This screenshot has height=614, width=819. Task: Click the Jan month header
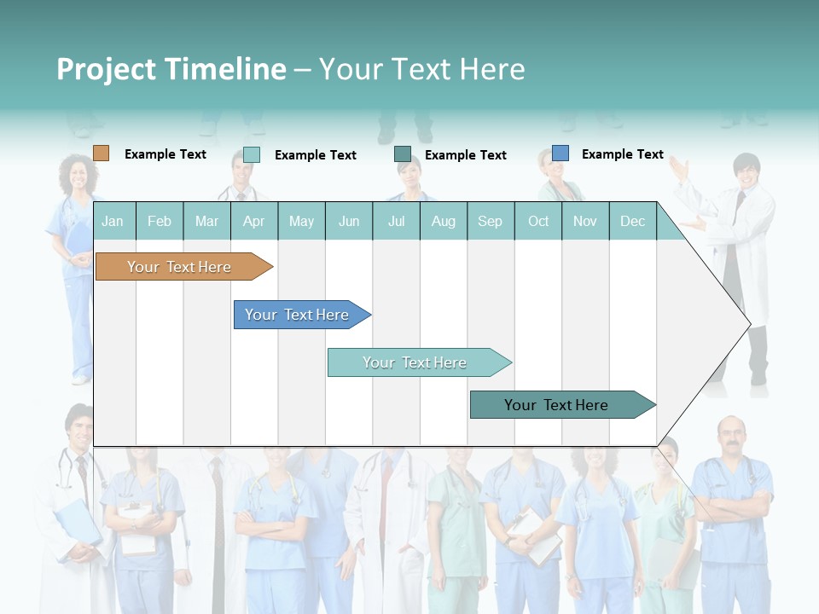(x=113, y=221)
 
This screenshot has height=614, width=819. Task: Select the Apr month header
(x=253, y=221)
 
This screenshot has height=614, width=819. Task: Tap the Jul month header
(x=396, y=221)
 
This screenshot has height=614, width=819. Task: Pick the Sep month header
(x=490, y=221)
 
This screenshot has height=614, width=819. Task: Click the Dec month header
(x=632, y=221)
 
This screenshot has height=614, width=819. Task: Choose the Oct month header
(x=538, y=221)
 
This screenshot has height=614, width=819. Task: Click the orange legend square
(x=101, y=153)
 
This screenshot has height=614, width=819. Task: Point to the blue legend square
(x=560, y=153)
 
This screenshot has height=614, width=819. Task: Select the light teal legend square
(x=251, y=154)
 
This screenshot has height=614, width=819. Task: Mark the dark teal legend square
(x=402, y=154)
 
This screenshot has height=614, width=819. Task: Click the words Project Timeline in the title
(x=171, y=69)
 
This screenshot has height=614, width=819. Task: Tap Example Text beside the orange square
(x=166, y=154)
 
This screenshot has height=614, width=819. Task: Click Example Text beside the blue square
(x=622, y=154)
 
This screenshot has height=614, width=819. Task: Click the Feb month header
(x=160, y=221)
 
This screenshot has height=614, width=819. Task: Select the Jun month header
(x=349, y=221)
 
